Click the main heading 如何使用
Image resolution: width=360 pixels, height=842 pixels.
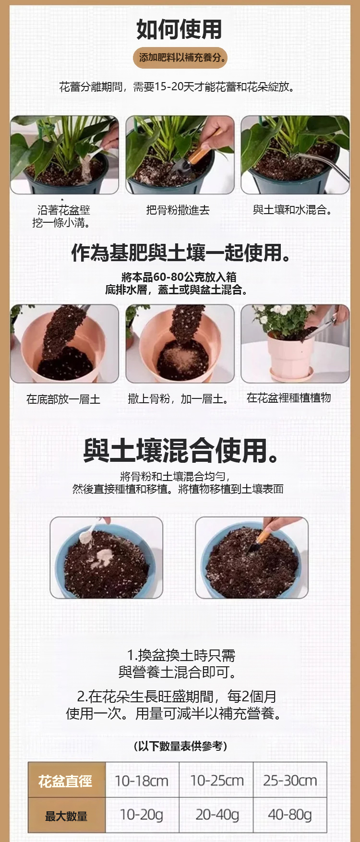pyautogui.click(x=179, y=29)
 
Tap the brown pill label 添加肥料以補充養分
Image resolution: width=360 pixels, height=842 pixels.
pyautogui.click(x=180, y=58)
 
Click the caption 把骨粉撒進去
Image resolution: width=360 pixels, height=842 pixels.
pyautogui.click(x=178, y=210)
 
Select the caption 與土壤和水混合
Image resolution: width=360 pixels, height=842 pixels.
pyautogui.click(x=292, y=210)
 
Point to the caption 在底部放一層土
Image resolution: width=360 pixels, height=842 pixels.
pyautogui.click(x=63, y=399)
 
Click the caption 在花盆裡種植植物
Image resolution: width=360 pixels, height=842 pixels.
pyautogui.click(x=289, y=397)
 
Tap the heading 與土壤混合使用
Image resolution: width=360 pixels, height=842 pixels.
pyautogui.click(x=180, y=450)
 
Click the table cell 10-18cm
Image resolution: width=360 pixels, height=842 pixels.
pyautogui.click(x=142, y=781)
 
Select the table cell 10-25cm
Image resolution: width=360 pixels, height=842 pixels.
pyautogui.click(x=217, y=781)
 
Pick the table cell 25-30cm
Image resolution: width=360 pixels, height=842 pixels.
pyautogui.click(x=290, y=781)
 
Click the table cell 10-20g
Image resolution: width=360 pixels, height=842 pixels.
pyautogui.click(x=142, y=815)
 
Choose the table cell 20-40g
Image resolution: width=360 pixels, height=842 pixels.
pyautogui.click(x=217, y=815)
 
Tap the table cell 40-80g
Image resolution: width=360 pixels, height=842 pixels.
pyautogui.click(x=290, y=815)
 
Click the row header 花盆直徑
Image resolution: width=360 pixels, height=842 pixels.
pyautogui.click(x=66, y=781)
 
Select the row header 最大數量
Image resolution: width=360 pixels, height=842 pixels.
pyautogui.click(x=66, y=816)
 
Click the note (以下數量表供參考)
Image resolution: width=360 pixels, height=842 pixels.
pyautogui.click(x=180, y=746)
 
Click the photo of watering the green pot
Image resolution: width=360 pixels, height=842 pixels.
pyautogui.click(x=295, y=155)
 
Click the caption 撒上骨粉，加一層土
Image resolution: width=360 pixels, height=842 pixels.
pyautogui.click(x=178, y=399)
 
